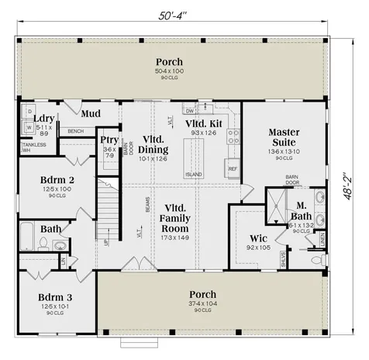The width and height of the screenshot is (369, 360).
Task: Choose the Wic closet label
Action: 258,238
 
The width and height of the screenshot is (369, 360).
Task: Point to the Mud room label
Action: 91,113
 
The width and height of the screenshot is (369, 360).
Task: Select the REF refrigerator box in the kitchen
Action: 232,168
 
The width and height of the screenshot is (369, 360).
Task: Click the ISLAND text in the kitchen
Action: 194,174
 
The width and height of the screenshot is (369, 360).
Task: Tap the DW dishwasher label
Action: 190,111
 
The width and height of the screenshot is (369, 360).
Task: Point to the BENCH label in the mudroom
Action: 76,131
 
